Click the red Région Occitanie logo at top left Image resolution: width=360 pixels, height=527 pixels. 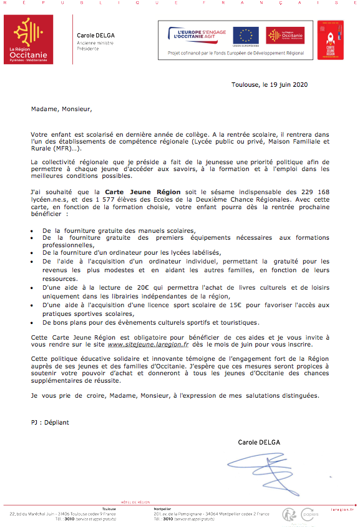click(x=29, y=40)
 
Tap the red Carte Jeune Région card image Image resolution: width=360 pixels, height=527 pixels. click(x=330, y=40)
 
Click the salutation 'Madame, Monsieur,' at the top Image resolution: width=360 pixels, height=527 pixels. click(x=61, y=109)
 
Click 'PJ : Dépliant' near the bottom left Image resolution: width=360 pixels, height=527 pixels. click(x=50, y=422)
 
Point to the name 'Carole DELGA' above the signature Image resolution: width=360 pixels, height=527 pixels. click(x=259, y=442)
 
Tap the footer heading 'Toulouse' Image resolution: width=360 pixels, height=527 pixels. click(x=109, y=509)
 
